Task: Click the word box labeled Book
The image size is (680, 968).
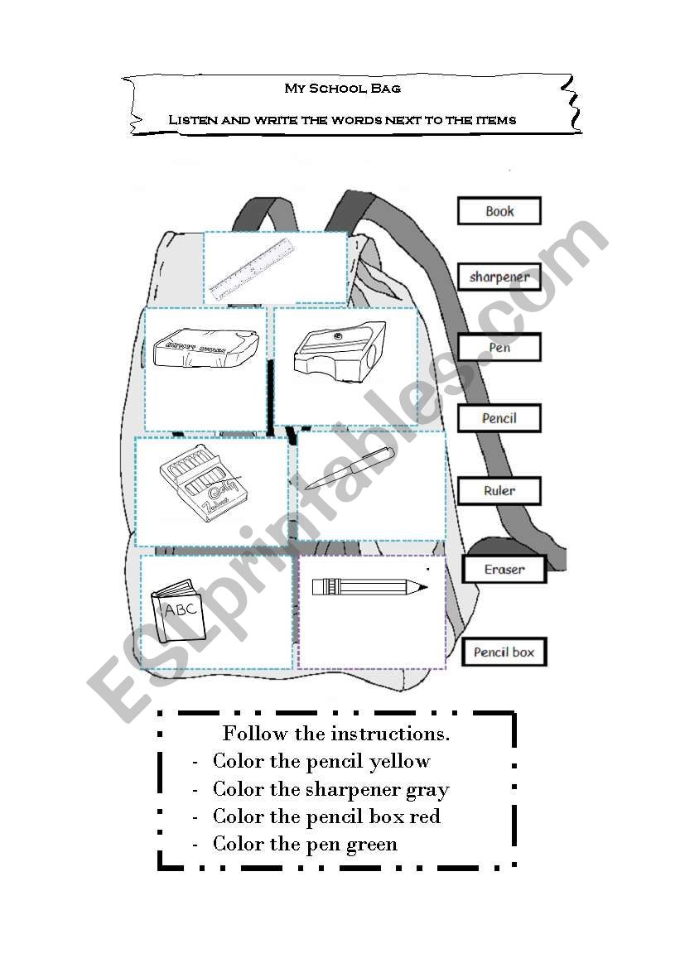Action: point(499,211)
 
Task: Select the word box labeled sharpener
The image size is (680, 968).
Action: point(499,277)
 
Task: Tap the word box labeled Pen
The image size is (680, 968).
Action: point(499,348)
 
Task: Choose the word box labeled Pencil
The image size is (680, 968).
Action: point(499,418)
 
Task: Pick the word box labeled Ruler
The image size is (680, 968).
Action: point(499,491)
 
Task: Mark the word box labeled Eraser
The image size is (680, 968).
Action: point(504,570)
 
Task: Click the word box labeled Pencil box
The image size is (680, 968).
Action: point(504,653)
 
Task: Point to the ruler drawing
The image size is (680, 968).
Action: point(253,267)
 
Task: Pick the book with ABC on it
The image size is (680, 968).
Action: point(177,613)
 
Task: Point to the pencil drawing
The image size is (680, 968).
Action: point(369,587)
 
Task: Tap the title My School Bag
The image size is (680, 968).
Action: point(343,89)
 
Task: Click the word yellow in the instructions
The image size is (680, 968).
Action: point(400,761)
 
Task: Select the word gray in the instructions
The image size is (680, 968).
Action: point(427,789)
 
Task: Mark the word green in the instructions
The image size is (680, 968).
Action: point(374,844)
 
